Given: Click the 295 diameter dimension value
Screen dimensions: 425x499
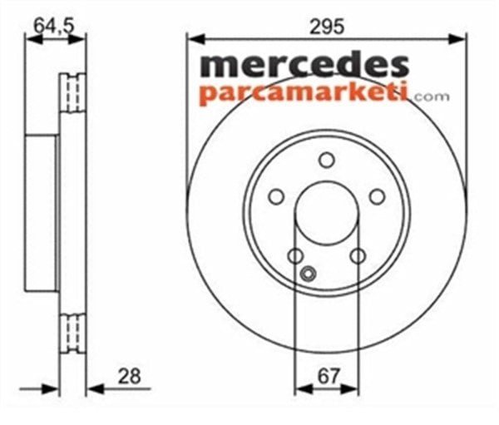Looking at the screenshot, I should (x=327, y=27).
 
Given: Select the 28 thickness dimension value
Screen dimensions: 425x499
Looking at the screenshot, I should (x=128, y=376).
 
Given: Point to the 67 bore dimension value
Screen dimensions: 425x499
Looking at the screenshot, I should (x=327, y=376).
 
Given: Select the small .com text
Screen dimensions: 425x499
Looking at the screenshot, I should (x=429, y=96).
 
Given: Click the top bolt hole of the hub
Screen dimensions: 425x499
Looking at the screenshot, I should (x=327, y=161).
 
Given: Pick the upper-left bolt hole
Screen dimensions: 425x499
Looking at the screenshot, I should (x=276, y=197).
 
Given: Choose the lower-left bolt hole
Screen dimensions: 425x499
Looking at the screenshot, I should (x=296, y=256).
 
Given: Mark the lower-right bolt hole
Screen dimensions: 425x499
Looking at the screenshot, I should (x=358, y=256).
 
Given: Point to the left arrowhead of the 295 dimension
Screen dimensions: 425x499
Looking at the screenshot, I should (x=193, y=37).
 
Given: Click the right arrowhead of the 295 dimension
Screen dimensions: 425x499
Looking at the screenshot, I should (x=461, y=37).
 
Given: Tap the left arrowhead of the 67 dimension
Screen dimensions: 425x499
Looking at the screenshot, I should (x=300, y=388).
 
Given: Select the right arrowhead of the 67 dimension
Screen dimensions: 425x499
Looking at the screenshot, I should (x=353, y=388).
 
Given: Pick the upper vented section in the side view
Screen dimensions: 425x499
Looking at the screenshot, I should (x=73, y=93).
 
